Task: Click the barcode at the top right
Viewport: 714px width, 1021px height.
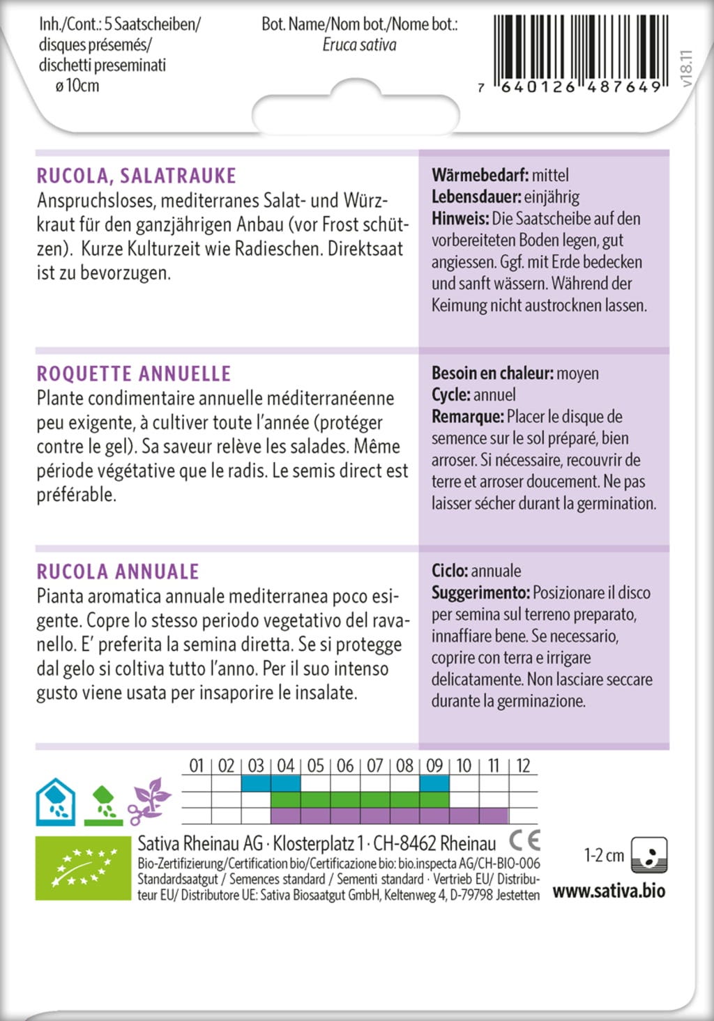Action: [580, 50]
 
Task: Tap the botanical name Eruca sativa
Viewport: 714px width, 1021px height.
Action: [359, 45]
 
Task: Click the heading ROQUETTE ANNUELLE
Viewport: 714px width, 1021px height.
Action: [133, 374]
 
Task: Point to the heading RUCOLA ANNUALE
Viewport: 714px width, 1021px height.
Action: [118, 571]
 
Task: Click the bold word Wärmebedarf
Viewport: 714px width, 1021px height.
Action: [479, 175]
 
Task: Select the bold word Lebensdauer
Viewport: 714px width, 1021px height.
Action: [476, 197]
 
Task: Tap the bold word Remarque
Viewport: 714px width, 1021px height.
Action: [467, 417]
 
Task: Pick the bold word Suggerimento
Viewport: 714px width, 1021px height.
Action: [480, 593]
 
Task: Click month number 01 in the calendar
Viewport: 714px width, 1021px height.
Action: [197, 766]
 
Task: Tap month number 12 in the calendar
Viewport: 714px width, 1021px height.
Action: [523, 766]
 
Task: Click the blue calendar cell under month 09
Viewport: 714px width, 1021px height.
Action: [434, 783]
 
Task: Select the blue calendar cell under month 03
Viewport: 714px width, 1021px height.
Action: [256, 783]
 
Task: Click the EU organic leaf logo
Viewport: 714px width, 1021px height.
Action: [83, 868]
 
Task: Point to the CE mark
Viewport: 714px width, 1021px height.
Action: [524, 840]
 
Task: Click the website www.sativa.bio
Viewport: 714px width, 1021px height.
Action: [609, 891]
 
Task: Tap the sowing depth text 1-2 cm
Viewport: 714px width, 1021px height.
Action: [604, 855]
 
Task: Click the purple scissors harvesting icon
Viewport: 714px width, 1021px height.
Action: [149, 801]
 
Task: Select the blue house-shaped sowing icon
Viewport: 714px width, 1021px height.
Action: [56, 801]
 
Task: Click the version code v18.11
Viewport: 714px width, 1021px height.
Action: [687, 68]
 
